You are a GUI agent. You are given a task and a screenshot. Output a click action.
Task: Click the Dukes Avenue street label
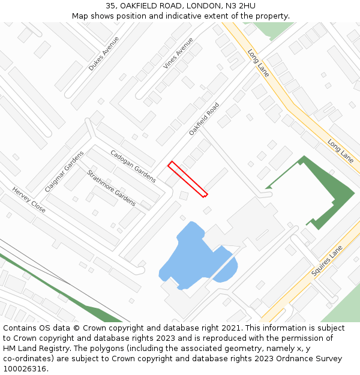click(104, 53)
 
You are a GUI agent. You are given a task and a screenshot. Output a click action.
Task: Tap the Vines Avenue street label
click(178, 53)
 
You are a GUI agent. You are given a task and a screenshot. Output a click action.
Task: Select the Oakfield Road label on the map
click(204, 118)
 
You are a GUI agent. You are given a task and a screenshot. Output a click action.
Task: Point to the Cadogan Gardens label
click(133, 166)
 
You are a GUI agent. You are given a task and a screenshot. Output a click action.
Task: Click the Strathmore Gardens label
click(111, 188)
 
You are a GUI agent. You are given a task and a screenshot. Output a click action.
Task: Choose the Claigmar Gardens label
click(64, 170)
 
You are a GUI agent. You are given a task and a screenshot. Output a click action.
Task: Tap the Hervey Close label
click(29, 199)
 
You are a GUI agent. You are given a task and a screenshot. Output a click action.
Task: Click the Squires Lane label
click(327, 260)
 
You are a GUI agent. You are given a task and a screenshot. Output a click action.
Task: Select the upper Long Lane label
click(259, 62)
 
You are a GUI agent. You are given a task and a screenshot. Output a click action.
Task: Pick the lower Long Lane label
click(340, 151)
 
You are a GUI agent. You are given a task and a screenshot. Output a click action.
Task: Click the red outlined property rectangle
click(188, 178)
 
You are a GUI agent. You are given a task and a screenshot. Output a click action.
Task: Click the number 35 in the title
click(110, 6)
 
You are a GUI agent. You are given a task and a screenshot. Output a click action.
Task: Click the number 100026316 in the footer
click(25, 368)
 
